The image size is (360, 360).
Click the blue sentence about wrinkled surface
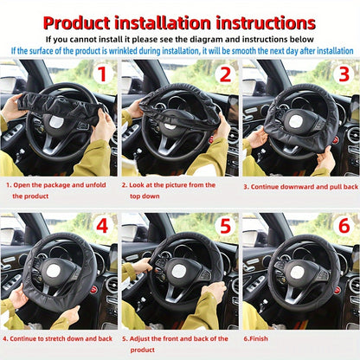tap(180, 50)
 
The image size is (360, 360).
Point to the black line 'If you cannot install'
tap(180, 39)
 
